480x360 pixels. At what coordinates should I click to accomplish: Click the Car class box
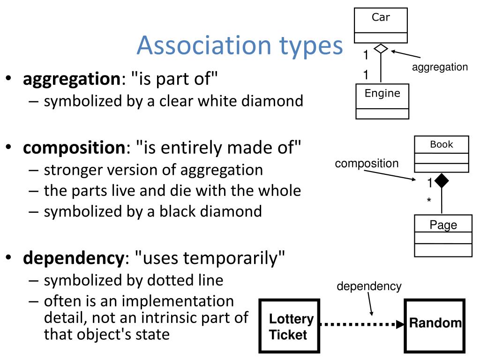(381, 26)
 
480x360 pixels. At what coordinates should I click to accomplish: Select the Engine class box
(382, 101)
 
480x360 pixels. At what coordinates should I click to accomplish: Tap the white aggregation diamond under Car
(381, 48)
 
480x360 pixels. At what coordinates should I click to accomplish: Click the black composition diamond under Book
(441, 180)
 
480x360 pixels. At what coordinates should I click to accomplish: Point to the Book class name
(442, 145)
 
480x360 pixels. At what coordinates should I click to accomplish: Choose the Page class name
(443, 225)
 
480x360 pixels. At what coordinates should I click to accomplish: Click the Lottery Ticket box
(289, 326)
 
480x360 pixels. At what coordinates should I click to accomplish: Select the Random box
(435, 323)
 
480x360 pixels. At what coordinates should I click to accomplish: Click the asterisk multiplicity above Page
(428, 201)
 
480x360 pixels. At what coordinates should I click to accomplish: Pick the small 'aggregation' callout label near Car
(440, 67)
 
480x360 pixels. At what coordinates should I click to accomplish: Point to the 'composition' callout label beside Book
(367, 164)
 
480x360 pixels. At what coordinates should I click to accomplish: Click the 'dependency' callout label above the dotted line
(369, 286)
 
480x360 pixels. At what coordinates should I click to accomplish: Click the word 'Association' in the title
(203, 45)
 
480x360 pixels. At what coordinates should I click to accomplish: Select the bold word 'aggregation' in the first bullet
(72, 78)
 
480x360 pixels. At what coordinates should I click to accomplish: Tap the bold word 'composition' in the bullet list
(74, 148)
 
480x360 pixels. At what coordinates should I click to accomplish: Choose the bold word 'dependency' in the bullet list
(73, 258)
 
